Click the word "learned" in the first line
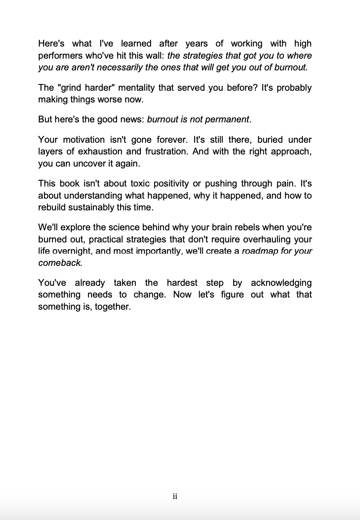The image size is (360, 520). tap(135, 44)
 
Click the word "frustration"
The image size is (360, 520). tap(163, 152)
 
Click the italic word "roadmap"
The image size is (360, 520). tap(260, 251)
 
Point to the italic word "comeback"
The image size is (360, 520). tap(60, 263)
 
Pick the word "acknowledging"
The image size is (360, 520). tap(281, 283)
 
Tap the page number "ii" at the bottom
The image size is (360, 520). tap(175, 497)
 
